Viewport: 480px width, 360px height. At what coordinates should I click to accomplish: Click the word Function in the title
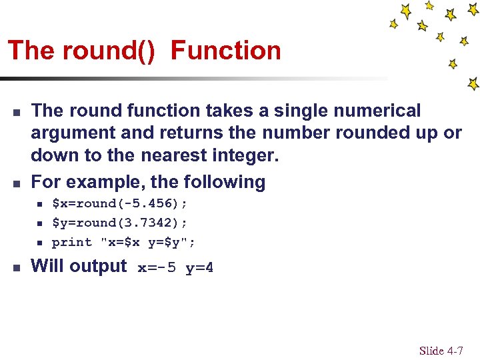tap(226, 51)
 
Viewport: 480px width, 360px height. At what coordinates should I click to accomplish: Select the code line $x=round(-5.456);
tap(119, 203)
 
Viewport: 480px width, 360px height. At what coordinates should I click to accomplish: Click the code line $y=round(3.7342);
tap(119, 222)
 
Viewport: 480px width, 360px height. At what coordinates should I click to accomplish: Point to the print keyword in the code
tap(71, 241)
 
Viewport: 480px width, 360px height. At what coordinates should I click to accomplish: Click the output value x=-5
tap(157, 269)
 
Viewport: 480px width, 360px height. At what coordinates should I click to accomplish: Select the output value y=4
tap(199, 269)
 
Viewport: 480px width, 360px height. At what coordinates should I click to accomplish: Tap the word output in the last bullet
tap(98, 266)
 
